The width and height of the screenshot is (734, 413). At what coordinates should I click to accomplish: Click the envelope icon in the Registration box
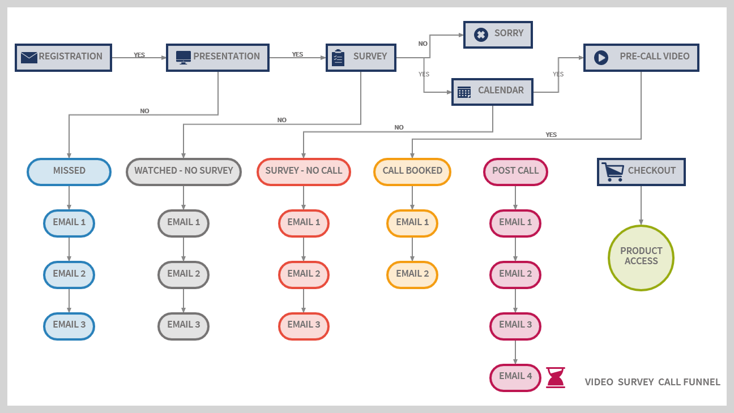29,57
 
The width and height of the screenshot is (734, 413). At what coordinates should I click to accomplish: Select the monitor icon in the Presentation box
183,57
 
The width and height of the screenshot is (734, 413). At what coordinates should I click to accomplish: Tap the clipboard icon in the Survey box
338,58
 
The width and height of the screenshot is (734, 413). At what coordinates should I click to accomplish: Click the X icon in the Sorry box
481,35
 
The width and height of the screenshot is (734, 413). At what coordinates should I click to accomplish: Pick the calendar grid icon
464,92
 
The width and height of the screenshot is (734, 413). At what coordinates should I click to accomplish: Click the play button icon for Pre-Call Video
601,58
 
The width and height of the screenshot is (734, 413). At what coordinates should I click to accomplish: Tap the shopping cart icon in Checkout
612,171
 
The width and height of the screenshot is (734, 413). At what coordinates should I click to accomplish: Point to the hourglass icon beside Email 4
556,377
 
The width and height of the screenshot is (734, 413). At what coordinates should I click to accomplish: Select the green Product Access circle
641,257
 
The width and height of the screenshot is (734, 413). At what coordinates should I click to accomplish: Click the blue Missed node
69,171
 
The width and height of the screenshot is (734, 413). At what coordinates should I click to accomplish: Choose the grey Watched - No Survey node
183,171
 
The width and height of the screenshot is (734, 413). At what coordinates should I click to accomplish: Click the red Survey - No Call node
304,171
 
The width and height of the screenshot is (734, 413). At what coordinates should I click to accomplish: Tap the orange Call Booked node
412,171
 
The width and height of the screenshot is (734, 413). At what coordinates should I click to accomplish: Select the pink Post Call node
515,171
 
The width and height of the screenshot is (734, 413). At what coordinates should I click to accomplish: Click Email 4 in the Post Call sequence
515,377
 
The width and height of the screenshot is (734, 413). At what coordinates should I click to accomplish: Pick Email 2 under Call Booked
412,274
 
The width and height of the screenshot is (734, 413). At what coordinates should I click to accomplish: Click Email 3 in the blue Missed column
69,325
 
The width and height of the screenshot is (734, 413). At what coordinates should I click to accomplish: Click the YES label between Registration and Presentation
139,55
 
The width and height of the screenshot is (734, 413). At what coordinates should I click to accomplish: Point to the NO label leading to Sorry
423,44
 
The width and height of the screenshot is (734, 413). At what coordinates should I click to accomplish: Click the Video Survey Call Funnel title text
652,382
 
